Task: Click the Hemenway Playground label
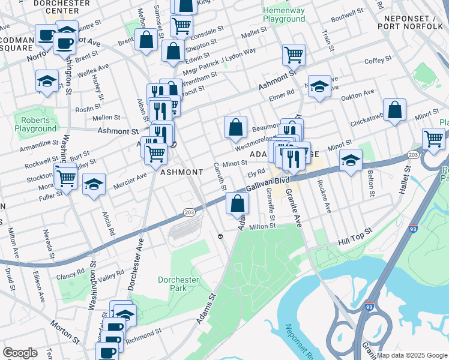point(285,15)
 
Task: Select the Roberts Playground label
point(35,124)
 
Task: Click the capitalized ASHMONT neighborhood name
point(181,172)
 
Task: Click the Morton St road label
point(65,332)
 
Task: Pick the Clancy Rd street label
point(71,274)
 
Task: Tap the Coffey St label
point(378,60)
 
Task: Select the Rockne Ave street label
point(324,196)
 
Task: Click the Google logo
point(20,353)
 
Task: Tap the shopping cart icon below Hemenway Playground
point(294,55)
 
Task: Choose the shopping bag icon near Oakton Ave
point(394,110)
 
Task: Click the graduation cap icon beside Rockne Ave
point(351,160)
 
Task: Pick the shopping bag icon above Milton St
point(237,203)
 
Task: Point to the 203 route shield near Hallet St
point(412,155)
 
